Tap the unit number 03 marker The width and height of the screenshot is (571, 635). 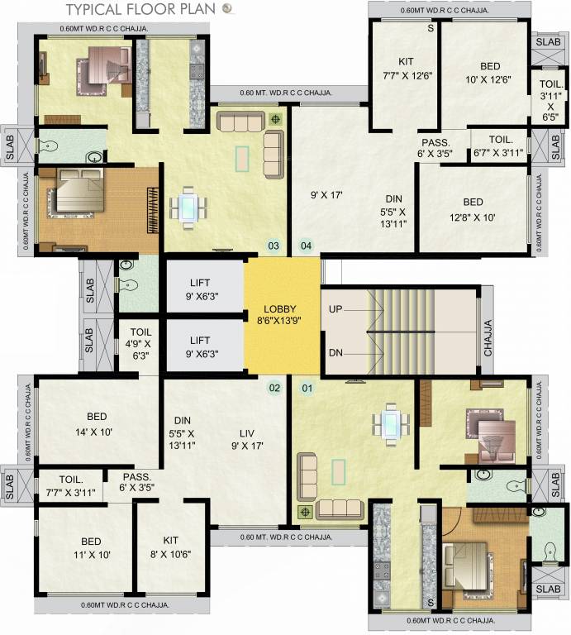pyautogui.click(x=274, y=246)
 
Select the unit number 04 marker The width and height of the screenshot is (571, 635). pyautogui.click(x=306, y=246)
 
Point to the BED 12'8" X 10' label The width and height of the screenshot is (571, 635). pyautogui.click(x=473, y=209)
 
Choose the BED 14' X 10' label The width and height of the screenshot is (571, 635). pyautogui.click(x=98, y=423)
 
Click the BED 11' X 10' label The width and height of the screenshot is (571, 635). pyautogui.click(x=86, y=547)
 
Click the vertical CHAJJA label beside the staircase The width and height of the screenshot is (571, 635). pyautogui.click(x=488, y=337)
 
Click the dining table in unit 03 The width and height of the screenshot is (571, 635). pyautogui.click(x=189, y=207)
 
